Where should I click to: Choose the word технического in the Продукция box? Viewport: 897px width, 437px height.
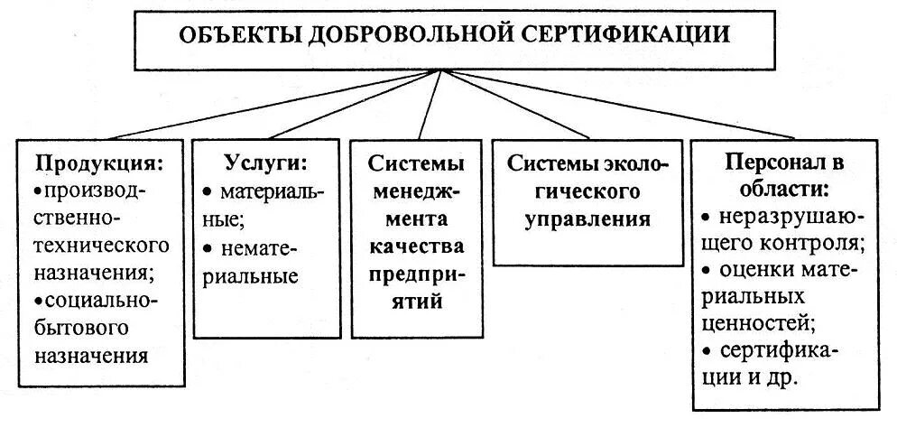(x=102, y=245)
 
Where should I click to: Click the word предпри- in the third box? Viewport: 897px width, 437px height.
(x=416, y=274)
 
